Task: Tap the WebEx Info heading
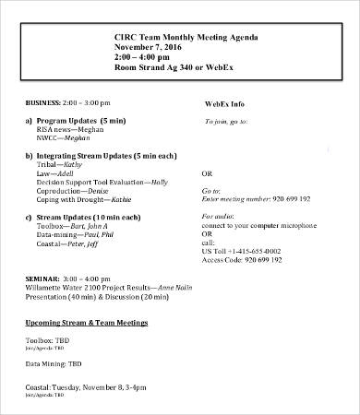(227, 106)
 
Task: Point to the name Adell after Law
(65, 172)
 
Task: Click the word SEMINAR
(42, 277)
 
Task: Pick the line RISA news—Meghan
(69, 130)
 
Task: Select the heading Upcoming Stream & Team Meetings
(86, 323)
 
